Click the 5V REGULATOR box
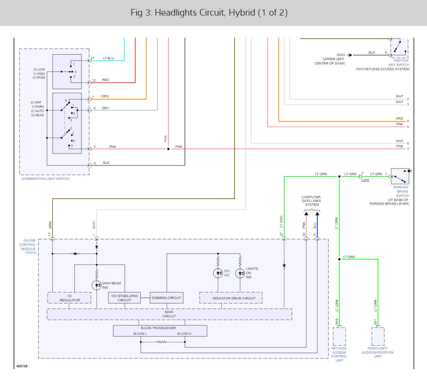[70, 298]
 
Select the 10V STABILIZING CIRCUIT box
[124, 298]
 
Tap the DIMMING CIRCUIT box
[166, 298]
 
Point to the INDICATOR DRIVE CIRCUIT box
[231, 298]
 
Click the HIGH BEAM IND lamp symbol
[97, 285]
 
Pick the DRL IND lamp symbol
[218, 273]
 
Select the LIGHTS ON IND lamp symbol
[240, 273]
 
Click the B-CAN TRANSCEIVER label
[158, 328]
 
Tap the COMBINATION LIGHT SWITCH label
[46, 178]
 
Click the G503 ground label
[341, 55]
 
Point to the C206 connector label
[365, 180]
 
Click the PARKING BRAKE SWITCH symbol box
[400, 176]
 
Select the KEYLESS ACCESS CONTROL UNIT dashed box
[339, 336]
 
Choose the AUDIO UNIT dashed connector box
[378, 336]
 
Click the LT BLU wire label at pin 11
[108, 58]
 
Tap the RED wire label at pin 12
[105, 80]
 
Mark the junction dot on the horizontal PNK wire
[168, 149]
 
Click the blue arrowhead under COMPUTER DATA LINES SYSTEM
[317, 214]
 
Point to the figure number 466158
[22, 366]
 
